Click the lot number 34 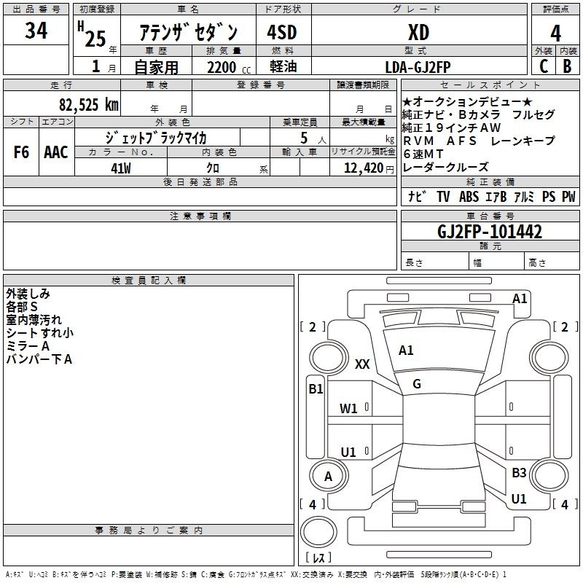point(36,31)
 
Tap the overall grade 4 point(555,34)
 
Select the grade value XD point(418,32)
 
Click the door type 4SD point(282,32)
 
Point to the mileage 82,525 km point(88,104)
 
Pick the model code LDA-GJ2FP point(418,67)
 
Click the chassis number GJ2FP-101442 point(490,231)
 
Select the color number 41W point(121,168)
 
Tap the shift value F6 point(21,152)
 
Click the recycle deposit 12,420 point(363,168)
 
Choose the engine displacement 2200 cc point(229,67)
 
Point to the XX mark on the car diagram point(362,364)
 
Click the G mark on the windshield point(417,384)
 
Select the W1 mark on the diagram point(348,409)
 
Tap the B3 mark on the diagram point(519,472)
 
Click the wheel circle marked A point(329,475)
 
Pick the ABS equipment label point(469,196)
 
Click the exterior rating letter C point(544,66)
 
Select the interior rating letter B point(567,66)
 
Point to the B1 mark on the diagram point(316,389)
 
